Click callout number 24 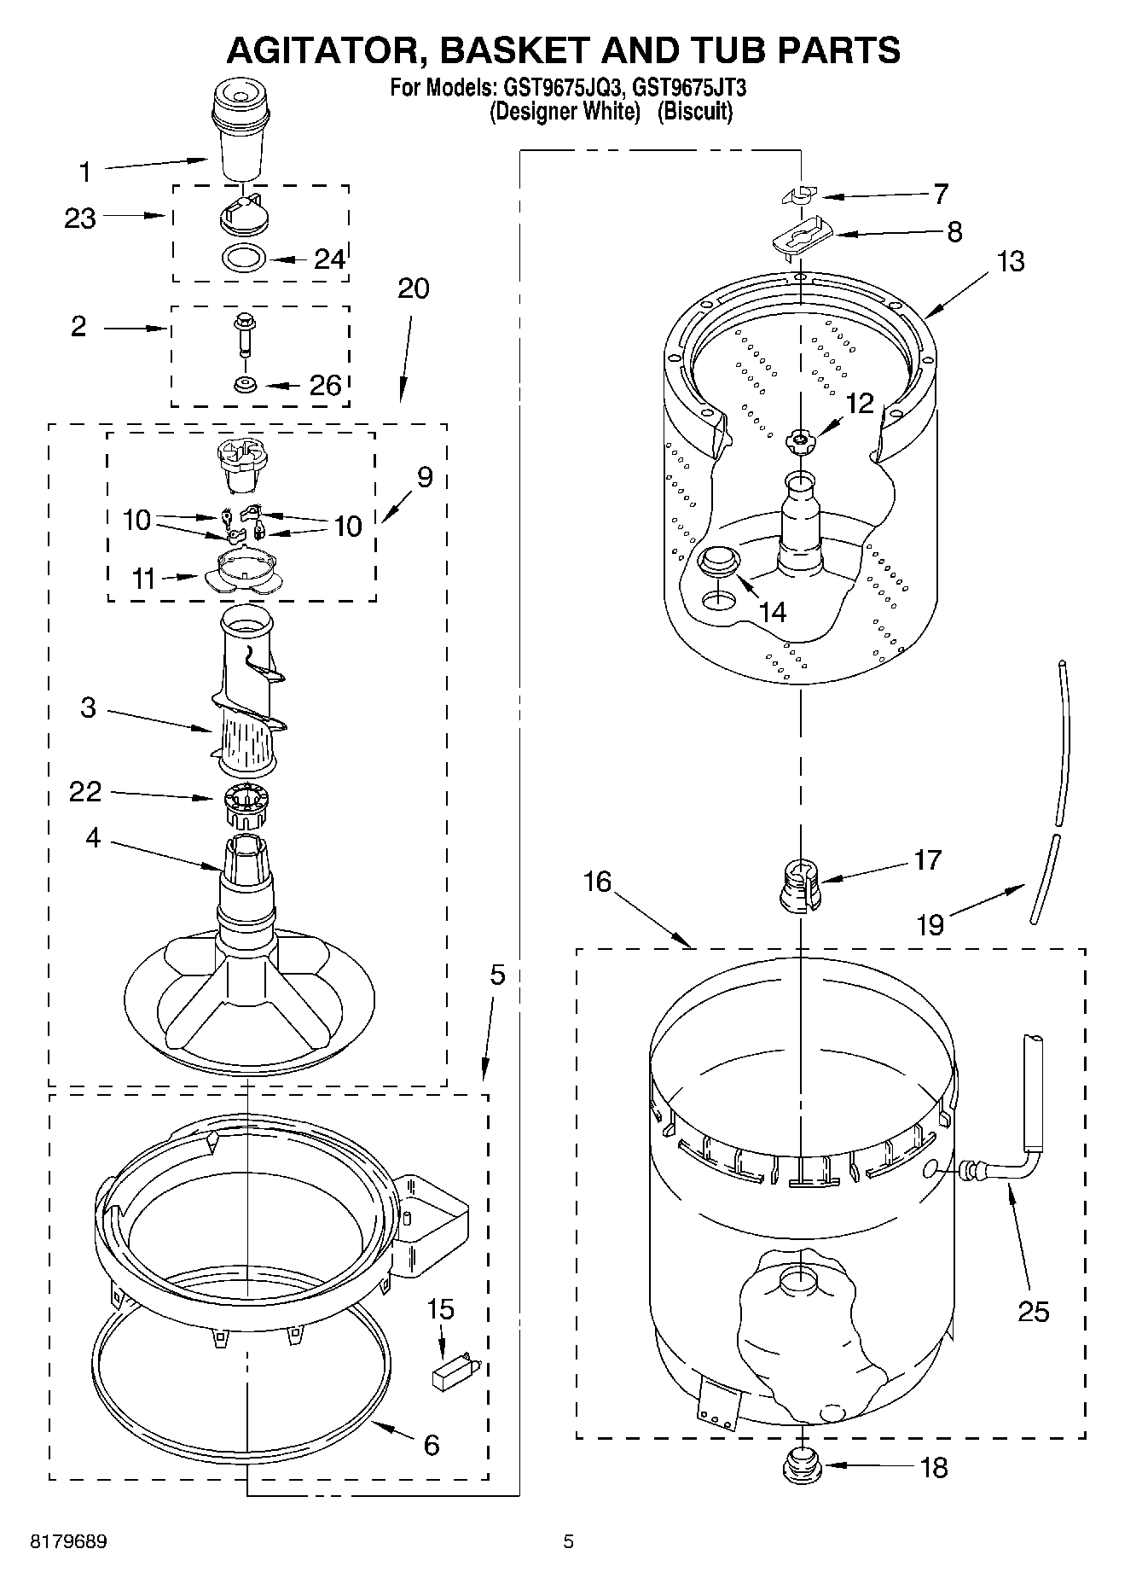pyautogui.click(x=330, y=259)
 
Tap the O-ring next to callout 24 pyautogui.click(x=243, y=256)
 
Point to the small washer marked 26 pyautogui.click(x=245, y=384)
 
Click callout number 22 pyautogui.click(x=85, y=792)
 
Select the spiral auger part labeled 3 pyautogui.click(x=247, y=691)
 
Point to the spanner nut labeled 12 pyautogui.click(x=800, y=440)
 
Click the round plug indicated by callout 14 pyautogui.click(x=716, y=563)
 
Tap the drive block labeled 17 pyautogui.click(x=800, y=888)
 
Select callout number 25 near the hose pyautogui.click(x=1033, y=1312)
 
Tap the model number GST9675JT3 pyautogui.click(x=692, y=87)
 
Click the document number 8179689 pyautogui.click(x=68, y=1541)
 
